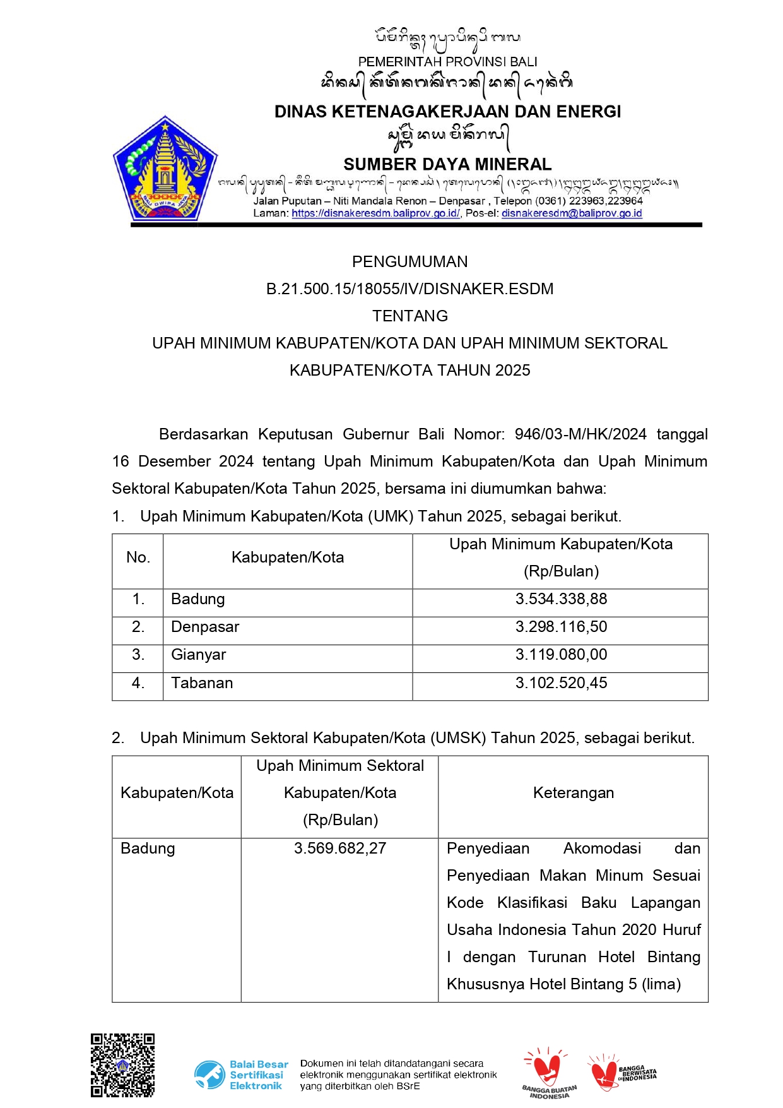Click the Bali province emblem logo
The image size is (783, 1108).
coord(165,169)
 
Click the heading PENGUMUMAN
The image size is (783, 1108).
coord(409,261)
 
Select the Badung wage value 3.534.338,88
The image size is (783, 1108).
coord(561,599)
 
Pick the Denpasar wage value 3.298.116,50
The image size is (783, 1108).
coord(561,627)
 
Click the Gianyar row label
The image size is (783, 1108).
coord(198,655)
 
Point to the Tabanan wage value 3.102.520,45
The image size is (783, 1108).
coord(561,683)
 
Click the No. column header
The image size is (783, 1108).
coord(138,557)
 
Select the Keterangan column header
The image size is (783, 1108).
coord(573,793)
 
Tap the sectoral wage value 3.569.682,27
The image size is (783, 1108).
coord(340,849)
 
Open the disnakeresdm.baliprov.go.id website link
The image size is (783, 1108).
coord(375,213)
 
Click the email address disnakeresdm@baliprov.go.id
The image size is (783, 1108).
coord(572,213)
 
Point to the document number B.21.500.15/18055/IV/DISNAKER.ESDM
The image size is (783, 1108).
coord(409,289)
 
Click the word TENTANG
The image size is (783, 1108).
coord(409,316)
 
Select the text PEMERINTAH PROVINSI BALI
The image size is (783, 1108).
coord(447,62)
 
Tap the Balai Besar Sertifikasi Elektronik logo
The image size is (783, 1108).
coord(241,1075)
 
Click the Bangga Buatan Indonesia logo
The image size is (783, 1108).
coord(548,1073)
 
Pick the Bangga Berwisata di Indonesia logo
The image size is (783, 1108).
coord(622,1073)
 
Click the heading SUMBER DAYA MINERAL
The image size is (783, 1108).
coord(447,165)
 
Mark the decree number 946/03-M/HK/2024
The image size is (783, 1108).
coord(580,434)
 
